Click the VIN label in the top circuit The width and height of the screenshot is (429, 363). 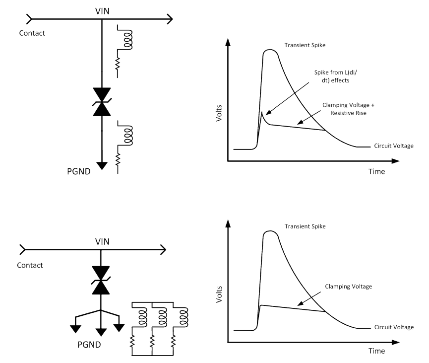coord(102,10)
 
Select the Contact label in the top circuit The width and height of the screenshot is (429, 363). coord(32,33)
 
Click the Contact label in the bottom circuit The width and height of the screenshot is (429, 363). coord(30,265)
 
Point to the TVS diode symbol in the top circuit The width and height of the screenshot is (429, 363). coord(101,102)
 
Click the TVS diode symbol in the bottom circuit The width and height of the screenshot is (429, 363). coord(101,281)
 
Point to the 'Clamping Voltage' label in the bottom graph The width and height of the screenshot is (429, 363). coord(348,287)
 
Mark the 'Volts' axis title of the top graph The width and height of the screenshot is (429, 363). coord(219,114)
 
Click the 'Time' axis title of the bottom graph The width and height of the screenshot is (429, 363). coord(376,352)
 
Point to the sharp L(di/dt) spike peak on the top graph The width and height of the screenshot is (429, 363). coord(262,113)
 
